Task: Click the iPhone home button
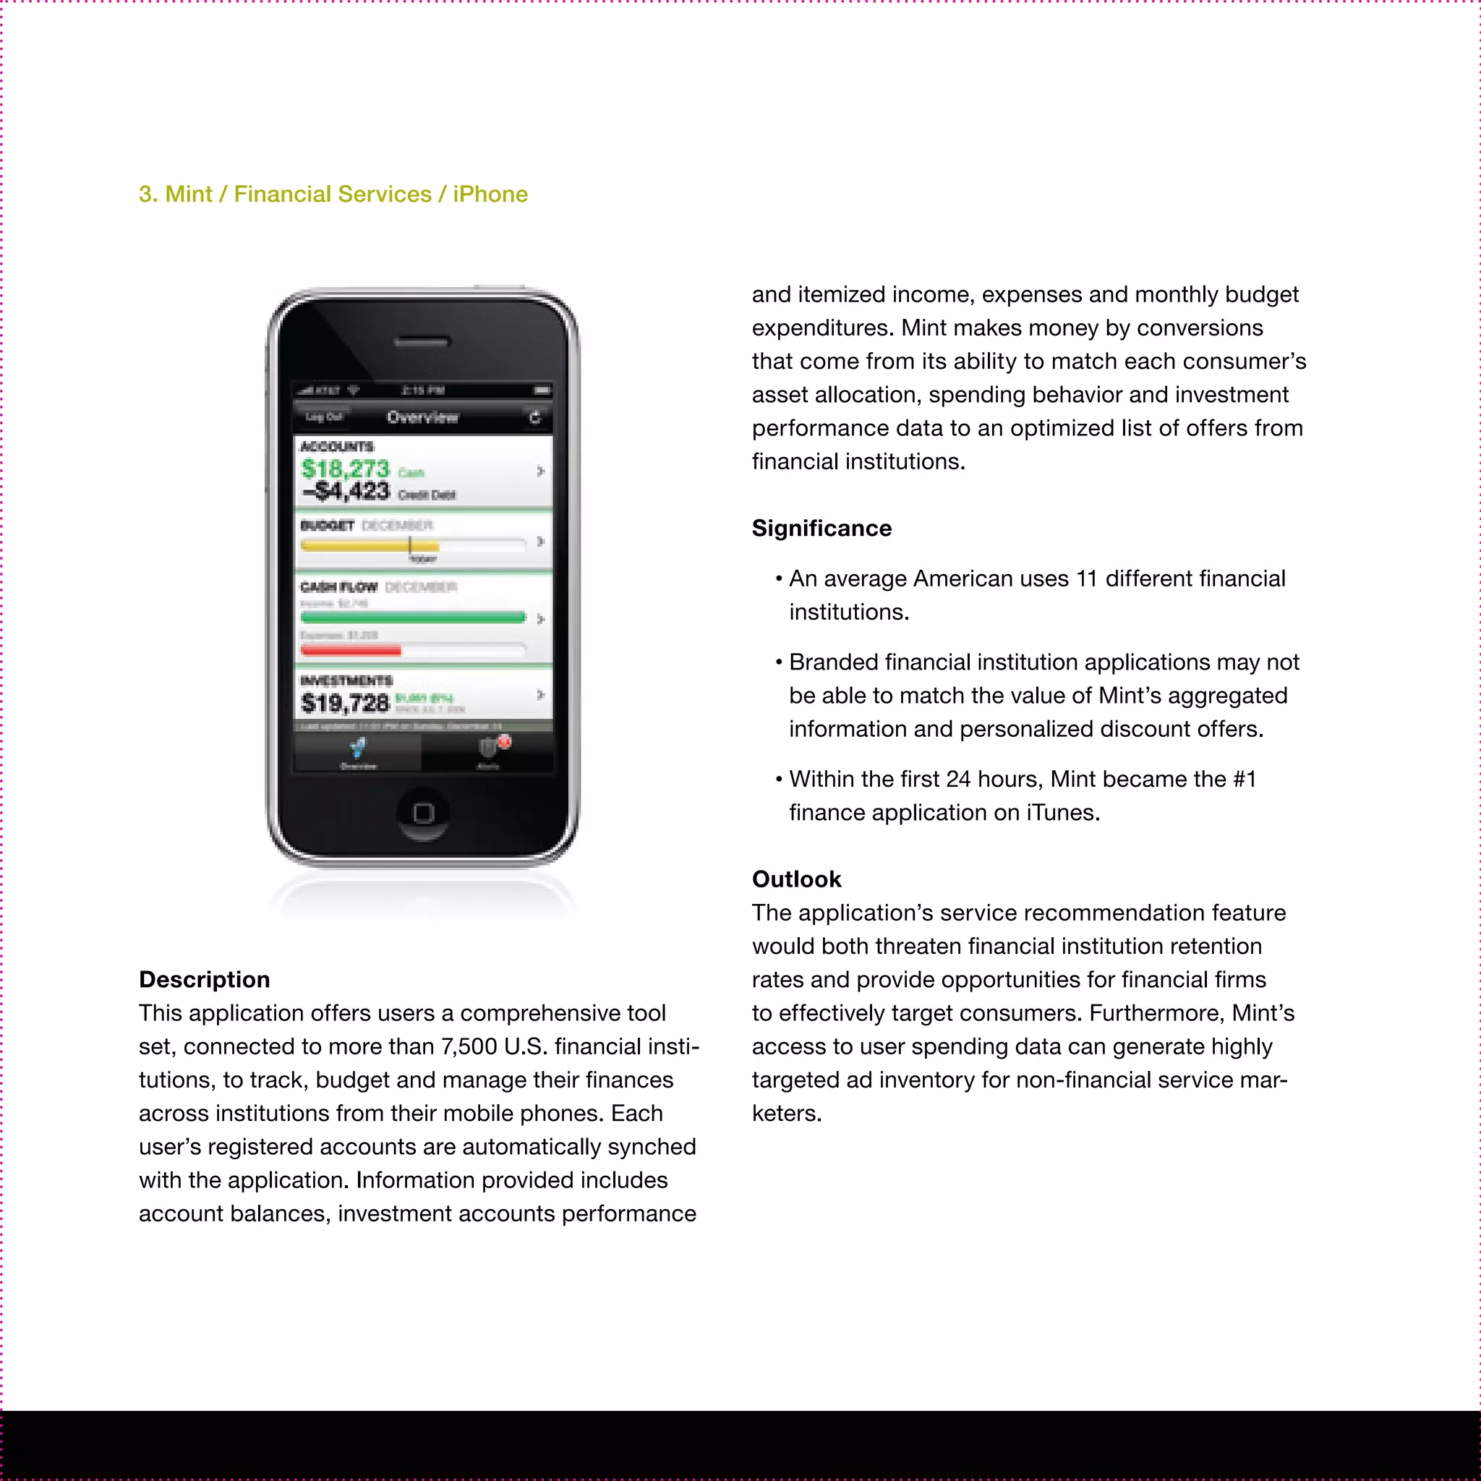tap(423, 813)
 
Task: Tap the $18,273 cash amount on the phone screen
tap(346, 469)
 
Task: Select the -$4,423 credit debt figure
tap(346, 490)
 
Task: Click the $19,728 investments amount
tap(346, 702)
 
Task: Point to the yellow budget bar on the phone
tap(370, 545)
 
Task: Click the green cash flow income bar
tap(412, 617)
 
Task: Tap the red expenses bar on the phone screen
tap(350, 650)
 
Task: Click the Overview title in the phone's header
tap(422, 417)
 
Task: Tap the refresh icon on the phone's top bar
tap(535, 417)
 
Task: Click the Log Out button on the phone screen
tap(323, 417)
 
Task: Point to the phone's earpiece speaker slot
tap(422, 342)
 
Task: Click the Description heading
tap(204, 980)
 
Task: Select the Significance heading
tap(821, 528)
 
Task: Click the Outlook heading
tap(796, 879)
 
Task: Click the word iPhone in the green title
tap(490, 194)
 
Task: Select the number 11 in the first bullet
tap(1086, 579)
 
